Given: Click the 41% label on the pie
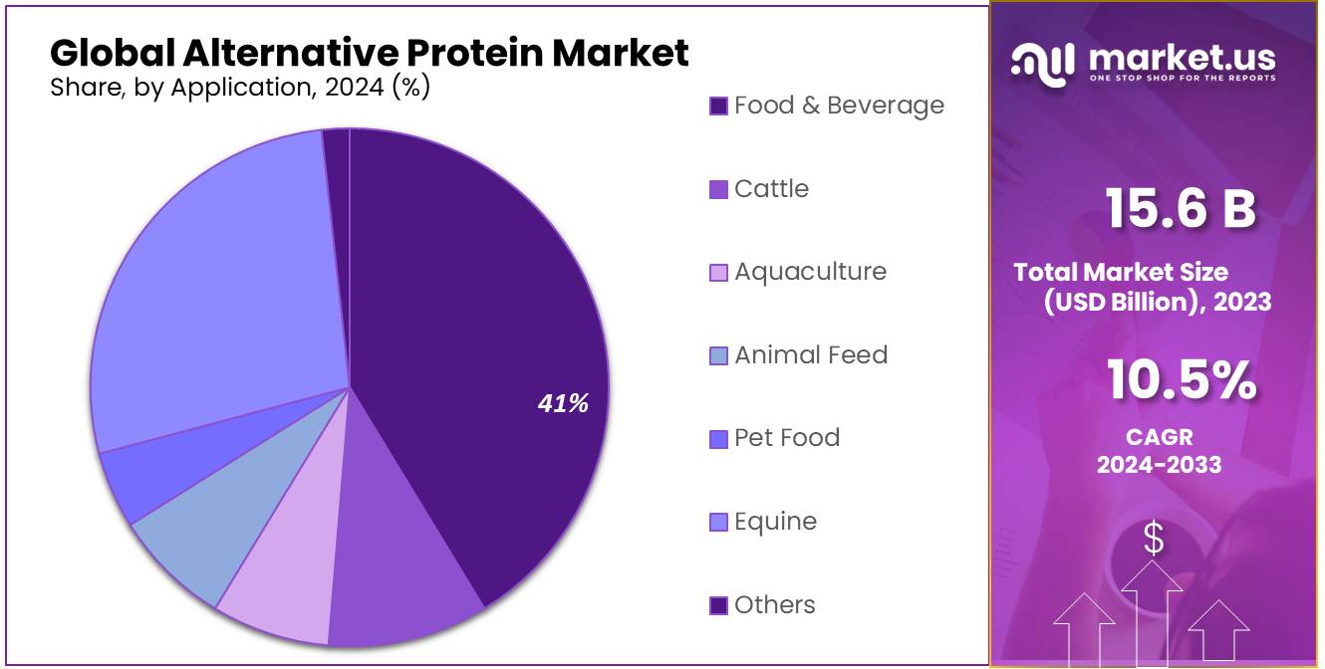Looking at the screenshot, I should point(563,403).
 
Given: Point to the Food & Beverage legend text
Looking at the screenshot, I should point(839,106).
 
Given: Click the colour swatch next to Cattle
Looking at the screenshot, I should point(718,189).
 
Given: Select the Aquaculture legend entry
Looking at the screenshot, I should point(810,272).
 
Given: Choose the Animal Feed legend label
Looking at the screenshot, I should point(811,355).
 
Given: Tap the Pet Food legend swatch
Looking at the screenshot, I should point(718,439).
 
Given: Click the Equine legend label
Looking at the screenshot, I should point(775,522).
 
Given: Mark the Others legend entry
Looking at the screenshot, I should point(774,605).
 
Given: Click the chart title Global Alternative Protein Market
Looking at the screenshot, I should point(369,52).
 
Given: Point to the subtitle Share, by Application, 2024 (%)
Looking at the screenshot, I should point(240,88).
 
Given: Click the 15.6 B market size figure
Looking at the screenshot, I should point(1181,209).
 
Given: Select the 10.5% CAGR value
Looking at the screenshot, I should point(1181,381).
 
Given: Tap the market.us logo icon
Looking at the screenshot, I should point(1042,62).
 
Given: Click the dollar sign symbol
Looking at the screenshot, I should point(1154,539).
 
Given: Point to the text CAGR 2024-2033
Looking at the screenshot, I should point(1159,451).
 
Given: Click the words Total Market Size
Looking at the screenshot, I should point(1121,273).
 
